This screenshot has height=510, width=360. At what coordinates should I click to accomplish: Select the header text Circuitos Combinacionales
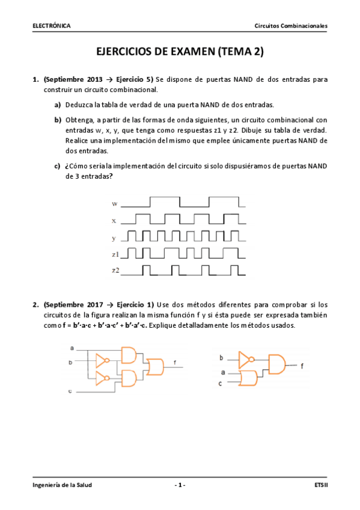coord(291,26)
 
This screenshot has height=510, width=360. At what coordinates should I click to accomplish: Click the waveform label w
coord(115,204)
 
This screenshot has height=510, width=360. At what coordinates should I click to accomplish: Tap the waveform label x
coord(114,221)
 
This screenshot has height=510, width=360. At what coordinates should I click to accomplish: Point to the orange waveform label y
coord(114,238)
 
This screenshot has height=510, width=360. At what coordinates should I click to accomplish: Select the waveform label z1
coord(116,254)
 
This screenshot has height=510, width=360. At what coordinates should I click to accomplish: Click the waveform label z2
coord(116,271)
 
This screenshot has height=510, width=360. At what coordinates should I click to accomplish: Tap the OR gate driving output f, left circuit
coord(155,365)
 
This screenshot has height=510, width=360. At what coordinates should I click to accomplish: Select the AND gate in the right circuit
coord(276,364)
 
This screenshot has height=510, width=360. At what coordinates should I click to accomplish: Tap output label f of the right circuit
coord(302,365)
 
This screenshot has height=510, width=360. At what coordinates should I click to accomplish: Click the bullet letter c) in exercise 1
coord(58,165)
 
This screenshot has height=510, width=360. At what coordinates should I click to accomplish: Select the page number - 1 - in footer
coord(180,484)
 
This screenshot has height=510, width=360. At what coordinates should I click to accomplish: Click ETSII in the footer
coord(321,484)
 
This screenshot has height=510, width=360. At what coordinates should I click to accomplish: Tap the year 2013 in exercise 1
coord(90,79)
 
